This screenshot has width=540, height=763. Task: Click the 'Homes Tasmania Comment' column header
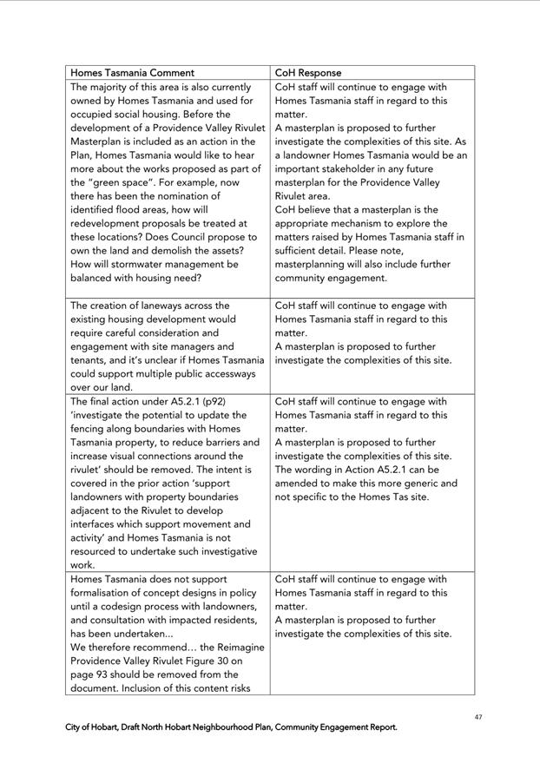click(132, 73)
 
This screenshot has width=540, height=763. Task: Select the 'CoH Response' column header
click(308, 73)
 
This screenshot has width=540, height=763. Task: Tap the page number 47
click(478, 716)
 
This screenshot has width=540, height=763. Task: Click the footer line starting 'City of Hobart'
click(231, 727)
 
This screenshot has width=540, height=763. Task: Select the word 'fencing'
click(90, 429)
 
